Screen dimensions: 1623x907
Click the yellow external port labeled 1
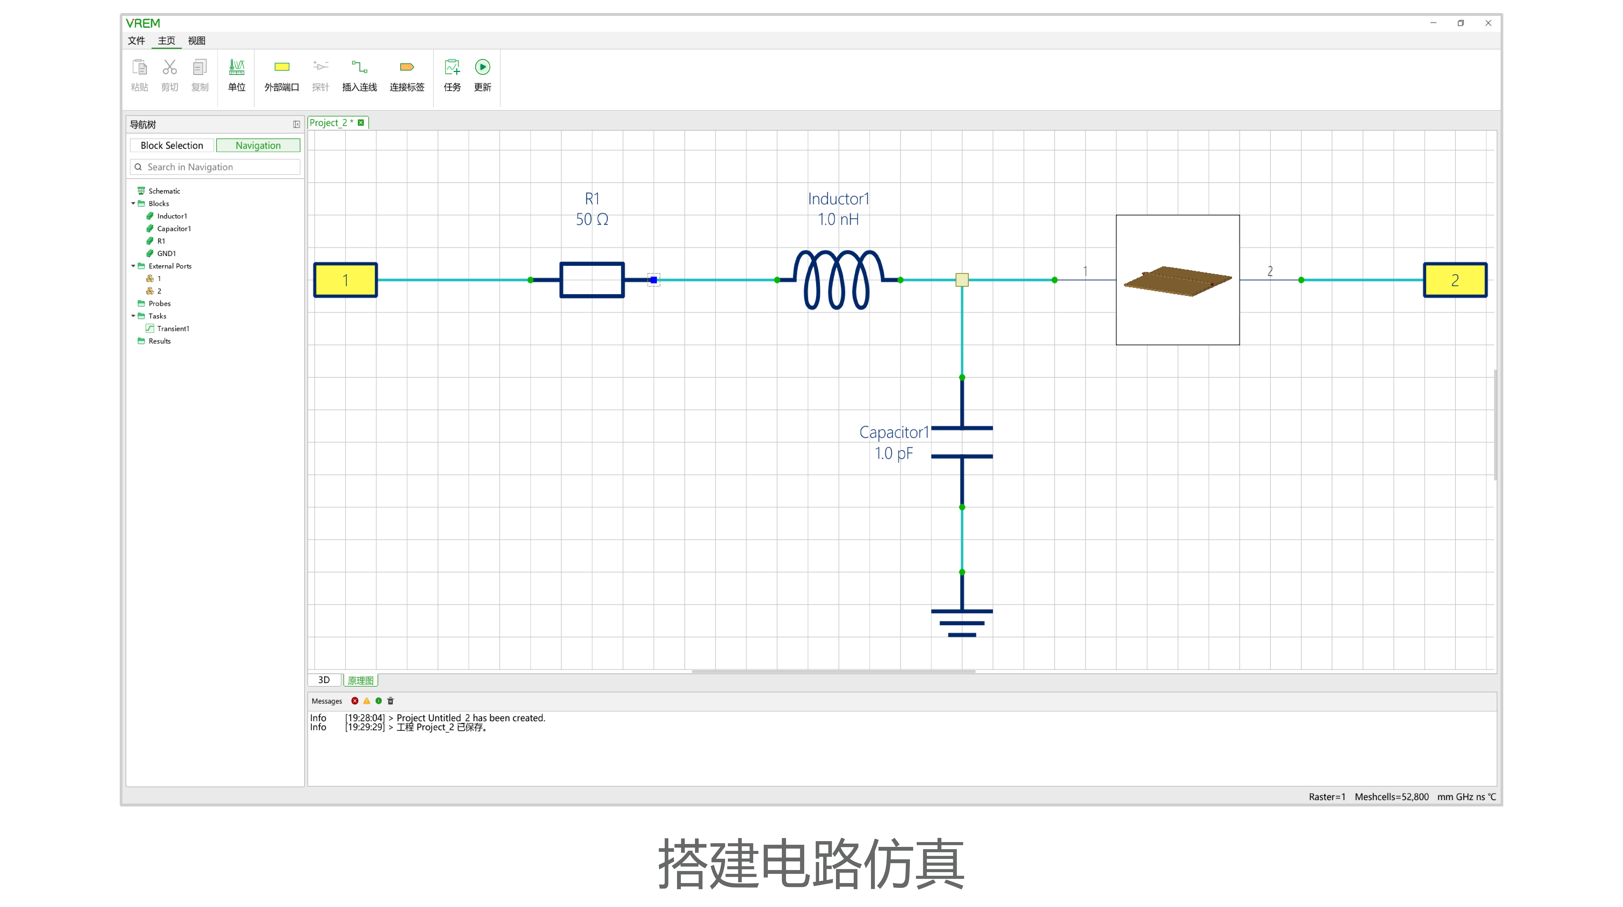point(345,280)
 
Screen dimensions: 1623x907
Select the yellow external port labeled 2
point(1455,280)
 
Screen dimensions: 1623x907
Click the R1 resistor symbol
point(592,280)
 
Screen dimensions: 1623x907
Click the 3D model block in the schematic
point(1178,280)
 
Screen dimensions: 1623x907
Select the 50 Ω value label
point(592,219)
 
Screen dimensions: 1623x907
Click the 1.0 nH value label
point(838,219)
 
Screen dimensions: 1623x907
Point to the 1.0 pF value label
point(893,453)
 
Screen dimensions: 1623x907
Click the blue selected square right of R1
point(653,280)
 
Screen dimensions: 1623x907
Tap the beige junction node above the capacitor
point(962,280)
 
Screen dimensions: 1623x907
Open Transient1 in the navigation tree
point(173,328)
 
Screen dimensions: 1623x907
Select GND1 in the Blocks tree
point(166,253)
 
